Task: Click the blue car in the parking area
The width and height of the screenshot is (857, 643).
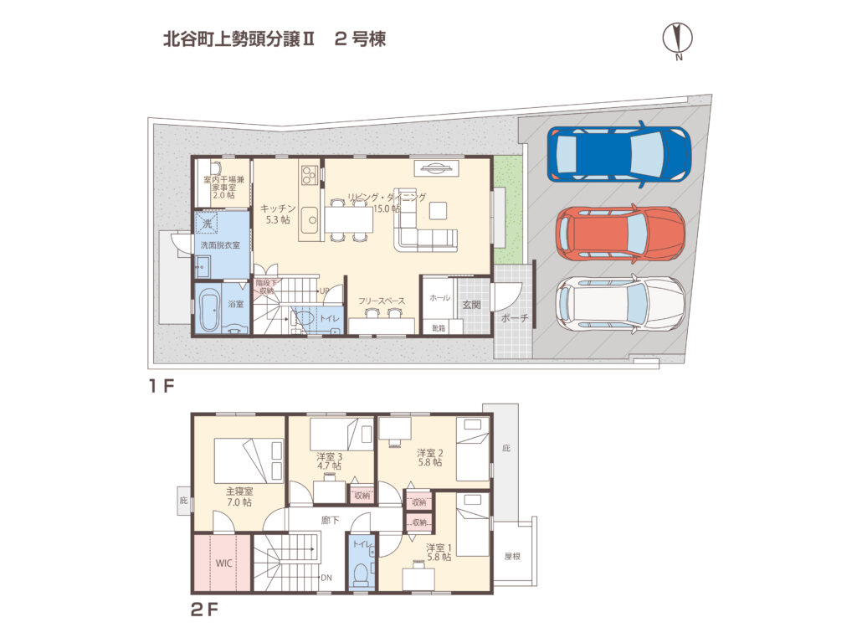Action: tap(619, 153)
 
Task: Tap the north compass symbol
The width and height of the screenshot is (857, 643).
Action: tap(679, 38)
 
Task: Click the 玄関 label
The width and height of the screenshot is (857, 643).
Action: tap(470, 305)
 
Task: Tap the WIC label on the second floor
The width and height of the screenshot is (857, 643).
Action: tap(223, 563)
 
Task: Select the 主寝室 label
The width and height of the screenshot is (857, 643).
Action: tap(239, 491)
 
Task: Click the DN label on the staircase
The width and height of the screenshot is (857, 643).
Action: tap(326, 578)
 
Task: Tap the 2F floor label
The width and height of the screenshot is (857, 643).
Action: tap(203, 610)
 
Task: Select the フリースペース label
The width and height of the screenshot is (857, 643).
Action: tap(382, 300)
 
